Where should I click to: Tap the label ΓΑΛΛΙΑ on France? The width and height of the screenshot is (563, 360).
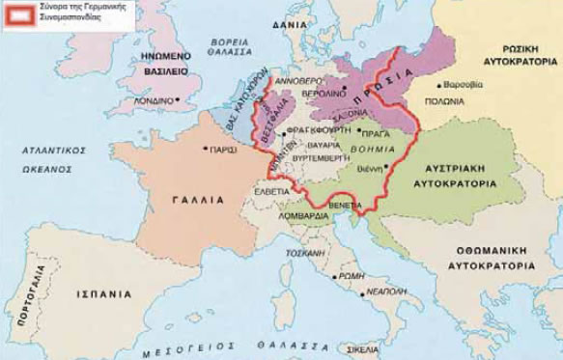[x=200, y=200]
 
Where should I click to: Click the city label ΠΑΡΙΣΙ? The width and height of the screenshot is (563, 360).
[x=224, y=151]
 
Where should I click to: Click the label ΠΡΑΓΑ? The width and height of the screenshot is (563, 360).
[x=379, y=132]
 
